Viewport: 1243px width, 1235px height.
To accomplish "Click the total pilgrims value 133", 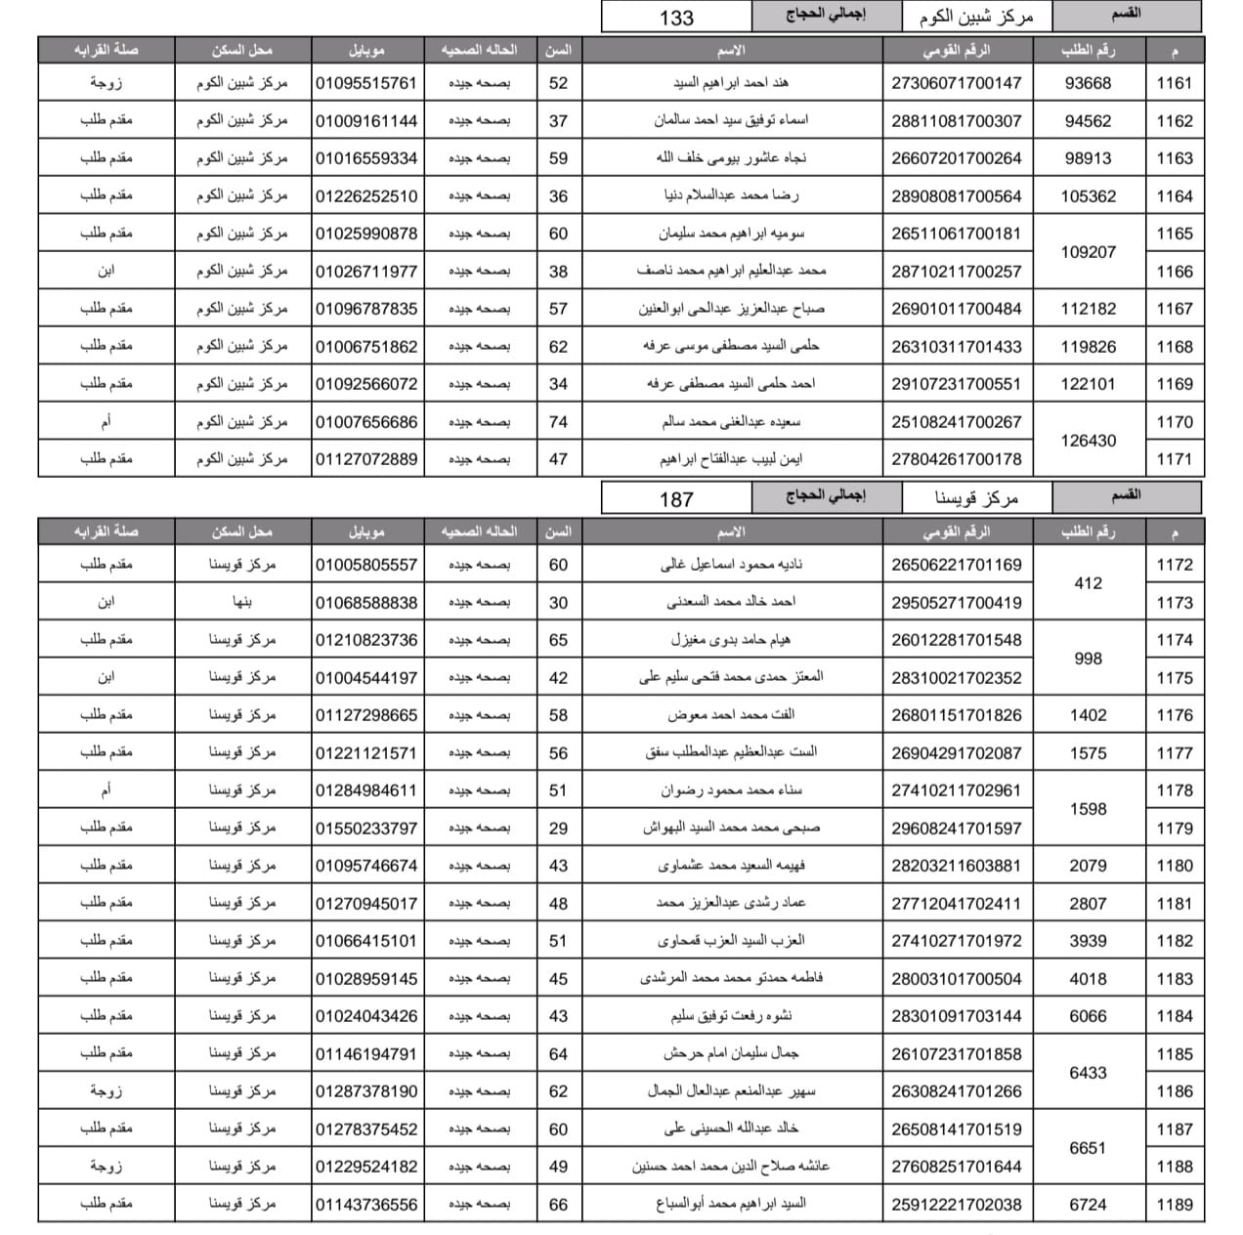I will pos(676,18).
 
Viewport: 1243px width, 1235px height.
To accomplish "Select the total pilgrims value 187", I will pos(676,499).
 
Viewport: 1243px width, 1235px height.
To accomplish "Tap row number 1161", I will pos(1174,83).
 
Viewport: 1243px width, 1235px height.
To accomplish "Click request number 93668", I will pos(1088,83).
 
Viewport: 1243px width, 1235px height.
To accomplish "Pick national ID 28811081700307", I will pos(956,121).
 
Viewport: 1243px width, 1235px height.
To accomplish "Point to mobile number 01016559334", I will pos(366,158).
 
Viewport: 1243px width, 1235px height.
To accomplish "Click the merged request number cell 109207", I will pos(1088,252).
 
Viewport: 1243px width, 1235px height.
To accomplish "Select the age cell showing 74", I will pos(558,422).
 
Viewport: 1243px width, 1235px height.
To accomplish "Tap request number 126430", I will pos(1088,441).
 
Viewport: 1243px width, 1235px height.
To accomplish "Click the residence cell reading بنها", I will pos(242,603).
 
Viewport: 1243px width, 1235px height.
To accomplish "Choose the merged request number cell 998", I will pos(1088,659).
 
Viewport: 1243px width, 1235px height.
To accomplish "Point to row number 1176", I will pos(1174,715).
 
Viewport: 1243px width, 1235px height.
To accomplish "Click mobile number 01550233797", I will pos(366,829).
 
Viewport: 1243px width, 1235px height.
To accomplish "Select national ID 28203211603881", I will pos(956,866).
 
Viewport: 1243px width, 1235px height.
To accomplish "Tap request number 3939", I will pos(1088,941).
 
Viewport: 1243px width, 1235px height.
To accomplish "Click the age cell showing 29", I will pos(558,829).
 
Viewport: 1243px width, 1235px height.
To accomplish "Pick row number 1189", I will pos(1174,1205).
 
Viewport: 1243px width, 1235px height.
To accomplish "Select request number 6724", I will pos(1088,1205).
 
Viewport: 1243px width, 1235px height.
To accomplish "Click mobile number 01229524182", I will pos(366,1167).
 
